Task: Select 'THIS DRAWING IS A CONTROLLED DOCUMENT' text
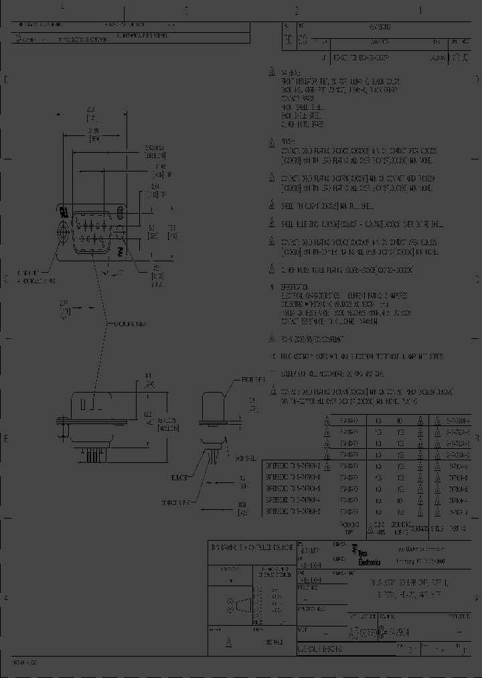[x=252, y=547]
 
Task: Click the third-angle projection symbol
[x=235, y=606]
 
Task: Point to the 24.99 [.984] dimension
[x=94, y=133]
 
